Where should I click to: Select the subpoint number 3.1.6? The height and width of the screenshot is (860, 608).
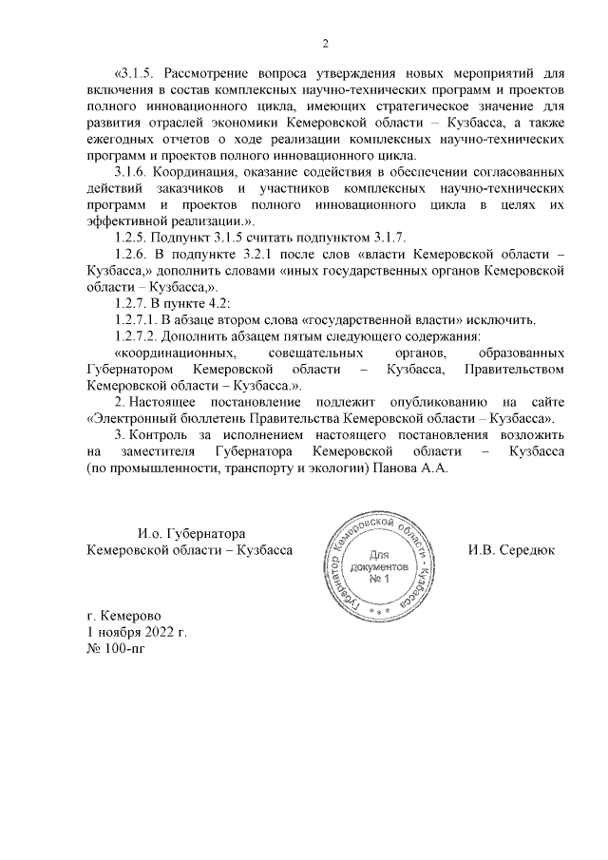coord(132,172)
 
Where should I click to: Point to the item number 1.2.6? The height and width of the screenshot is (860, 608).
coord(132,255)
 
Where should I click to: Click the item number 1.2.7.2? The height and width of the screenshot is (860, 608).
coord(137,337)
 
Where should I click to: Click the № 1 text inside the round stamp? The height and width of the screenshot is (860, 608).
coord(379,579)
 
